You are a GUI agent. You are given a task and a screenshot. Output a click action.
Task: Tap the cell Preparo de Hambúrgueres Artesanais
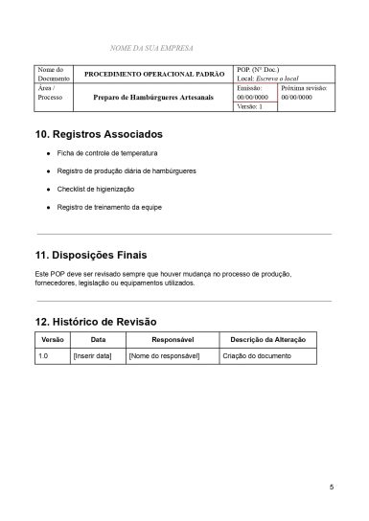click(154, 97)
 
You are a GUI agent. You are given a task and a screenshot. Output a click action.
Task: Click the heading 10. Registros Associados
click(99, 134)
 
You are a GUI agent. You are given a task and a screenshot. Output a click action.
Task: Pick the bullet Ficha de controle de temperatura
click(106, 153)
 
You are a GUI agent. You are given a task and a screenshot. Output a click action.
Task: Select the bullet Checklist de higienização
click(95, 189)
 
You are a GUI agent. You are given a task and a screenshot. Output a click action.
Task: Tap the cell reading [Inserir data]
click(92, 356)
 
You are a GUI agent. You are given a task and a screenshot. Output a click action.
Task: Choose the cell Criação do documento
click(257, 356)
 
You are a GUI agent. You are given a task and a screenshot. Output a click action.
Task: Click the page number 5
click(331, 487)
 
